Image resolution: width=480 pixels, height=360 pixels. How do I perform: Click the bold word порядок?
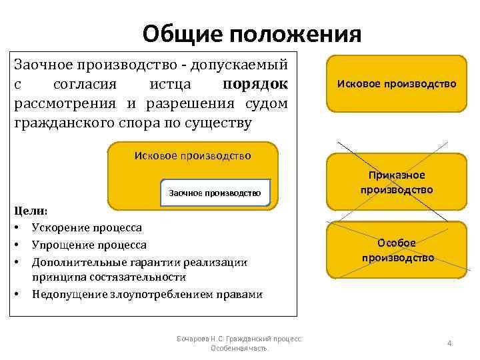click(255, 85)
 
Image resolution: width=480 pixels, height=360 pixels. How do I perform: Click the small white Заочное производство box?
click(215, 193)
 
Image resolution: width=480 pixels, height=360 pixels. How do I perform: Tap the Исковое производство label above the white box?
click(193, 156)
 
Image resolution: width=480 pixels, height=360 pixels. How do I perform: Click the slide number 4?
click(449, 343)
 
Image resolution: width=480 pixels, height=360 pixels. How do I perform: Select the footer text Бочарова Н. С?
click(200, 339)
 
